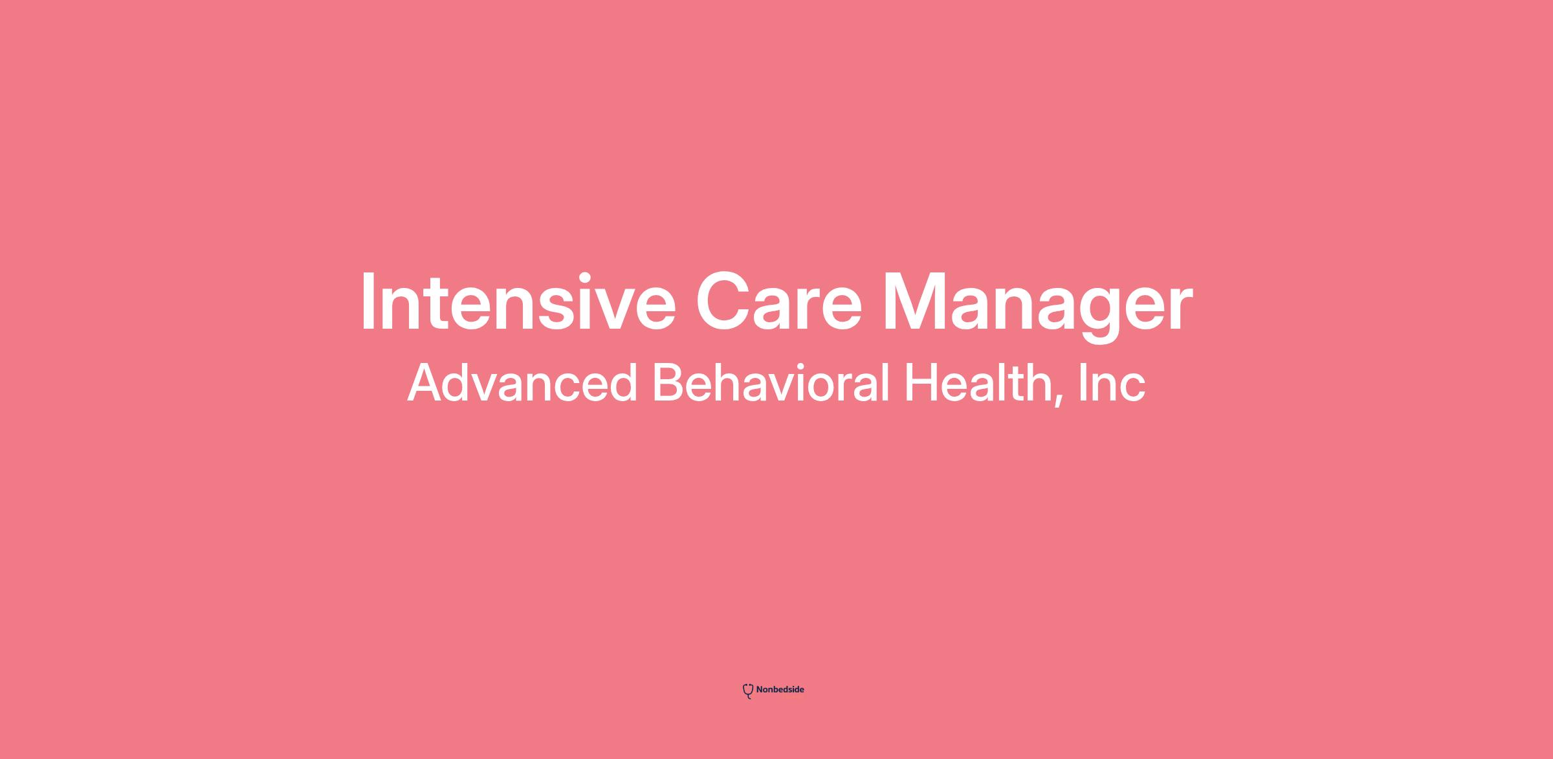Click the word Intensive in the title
click(518, 302)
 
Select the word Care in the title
click(779, 302)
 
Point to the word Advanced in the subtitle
click(523, 382)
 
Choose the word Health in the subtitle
click(976, 382)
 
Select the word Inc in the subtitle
click(1112, 382)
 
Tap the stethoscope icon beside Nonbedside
click(747, 691)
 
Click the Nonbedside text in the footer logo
click(780, 690)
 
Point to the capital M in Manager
click(912, 302)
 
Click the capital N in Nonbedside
click(760, 690)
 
